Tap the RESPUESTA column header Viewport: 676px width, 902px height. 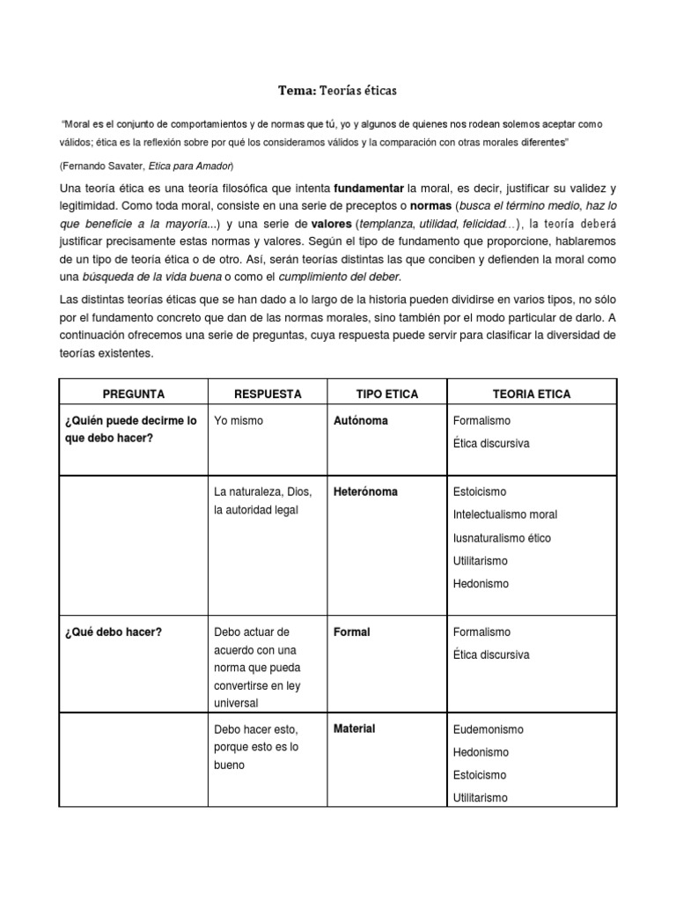268,394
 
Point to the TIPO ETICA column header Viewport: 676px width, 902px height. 387,394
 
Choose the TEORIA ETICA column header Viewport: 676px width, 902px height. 532,394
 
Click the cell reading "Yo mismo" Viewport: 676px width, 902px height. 239,421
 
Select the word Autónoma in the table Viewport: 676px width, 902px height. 361,421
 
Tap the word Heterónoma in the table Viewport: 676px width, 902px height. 365,492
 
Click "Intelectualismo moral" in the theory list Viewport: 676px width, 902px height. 504,514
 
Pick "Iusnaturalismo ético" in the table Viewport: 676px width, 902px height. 502,537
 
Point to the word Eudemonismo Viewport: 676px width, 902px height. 488,729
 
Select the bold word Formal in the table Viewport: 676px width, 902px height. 352,632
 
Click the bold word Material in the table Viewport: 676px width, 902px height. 355,728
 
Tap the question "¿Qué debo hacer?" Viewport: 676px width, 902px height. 114,632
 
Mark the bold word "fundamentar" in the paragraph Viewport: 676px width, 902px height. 368,189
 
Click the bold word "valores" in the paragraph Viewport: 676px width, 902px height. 331,224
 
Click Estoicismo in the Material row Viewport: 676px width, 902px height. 480,775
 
